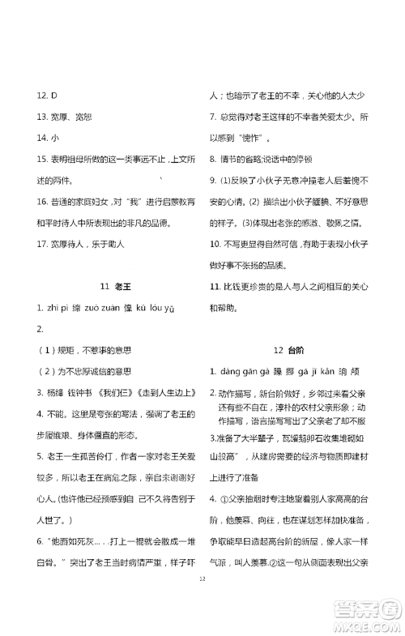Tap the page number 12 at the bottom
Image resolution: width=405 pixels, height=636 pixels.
[202, 578]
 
